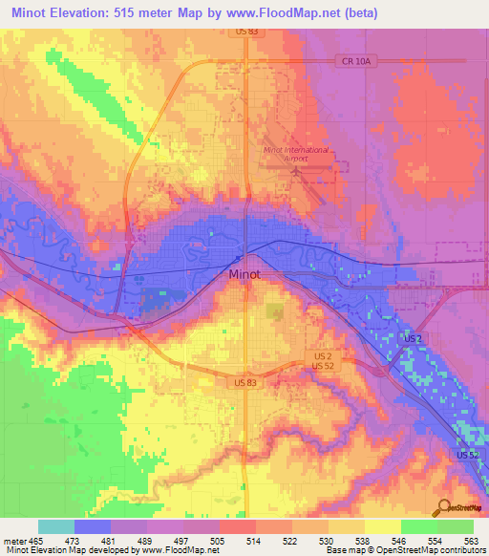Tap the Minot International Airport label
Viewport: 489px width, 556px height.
(296, 155)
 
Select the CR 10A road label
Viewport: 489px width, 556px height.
(352, 61)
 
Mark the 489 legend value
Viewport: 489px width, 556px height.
(146, 540)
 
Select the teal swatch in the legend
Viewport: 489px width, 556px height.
(56, 526)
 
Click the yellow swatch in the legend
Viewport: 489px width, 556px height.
(383, 526)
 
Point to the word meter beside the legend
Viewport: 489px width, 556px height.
(13, 540)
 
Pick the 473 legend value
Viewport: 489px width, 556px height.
(74, 540)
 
